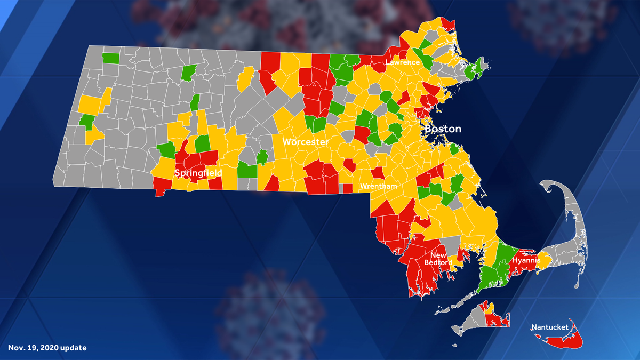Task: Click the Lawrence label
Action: [x=403, y=62]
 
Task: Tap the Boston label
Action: [x=443, y=129]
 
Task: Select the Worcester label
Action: [x=305, y=142]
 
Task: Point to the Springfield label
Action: [x=198, y=173]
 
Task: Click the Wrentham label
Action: [x=378, y=186]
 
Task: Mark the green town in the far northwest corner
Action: [x=111, y=58]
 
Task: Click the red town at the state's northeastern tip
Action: [x=448, y=25]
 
